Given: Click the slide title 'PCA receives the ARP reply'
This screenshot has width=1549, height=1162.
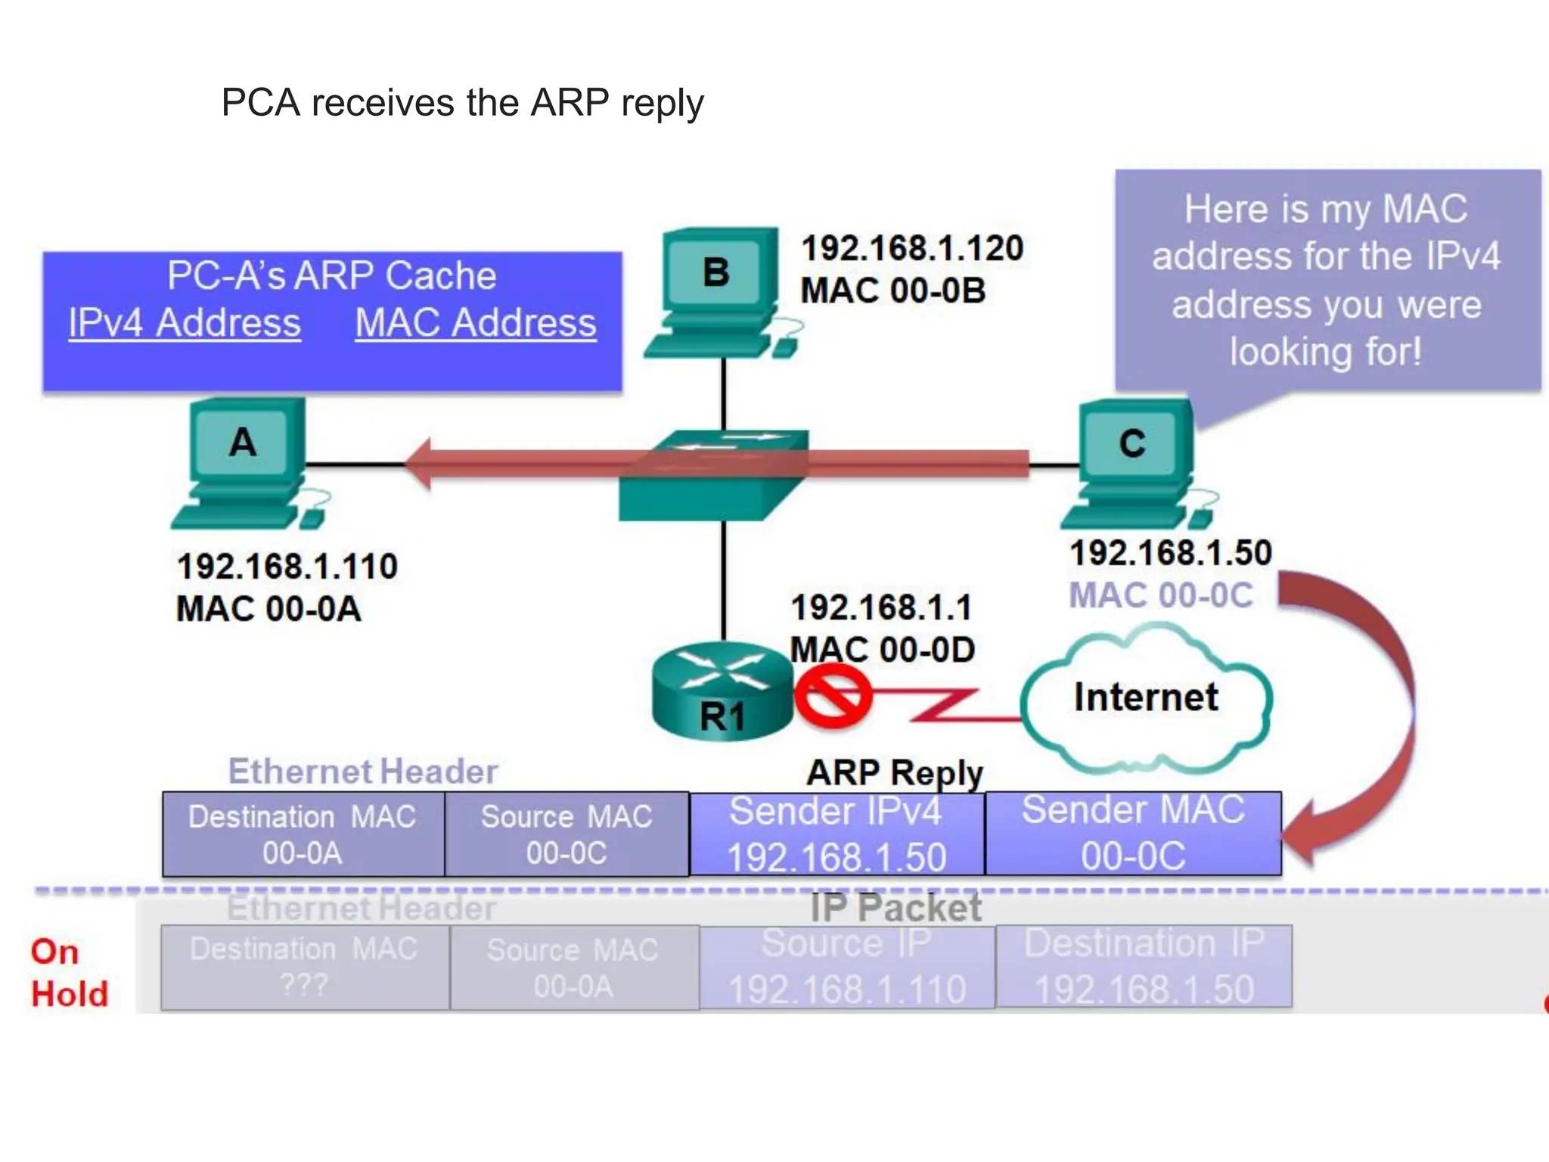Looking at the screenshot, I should pos(462,103).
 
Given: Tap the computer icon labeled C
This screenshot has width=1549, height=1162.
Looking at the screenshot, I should pos(1135,463).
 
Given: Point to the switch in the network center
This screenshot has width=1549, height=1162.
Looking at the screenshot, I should pos(712,477).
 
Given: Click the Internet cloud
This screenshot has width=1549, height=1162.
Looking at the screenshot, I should pos(1146,698).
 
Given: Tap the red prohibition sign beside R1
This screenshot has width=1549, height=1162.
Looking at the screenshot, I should pos(832,696).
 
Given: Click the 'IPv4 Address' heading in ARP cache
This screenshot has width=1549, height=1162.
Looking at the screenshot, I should pos(185,323).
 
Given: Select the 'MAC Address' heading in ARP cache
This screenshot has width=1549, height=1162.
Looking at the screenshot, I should pos(476,323).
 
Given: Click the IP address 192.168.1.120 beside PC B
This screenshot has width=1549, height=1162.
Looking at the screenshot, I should pos(912,248).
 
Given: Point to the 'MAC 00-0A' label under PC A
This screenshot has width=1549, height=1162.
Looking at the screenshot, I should pos(269,609).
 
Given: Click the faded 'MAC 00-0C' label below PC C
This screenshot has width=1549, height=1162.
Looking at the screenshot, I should pos(1161,595).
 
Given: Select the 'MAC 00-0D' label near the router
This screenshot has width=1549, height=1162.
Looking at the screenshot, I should pos(882,650).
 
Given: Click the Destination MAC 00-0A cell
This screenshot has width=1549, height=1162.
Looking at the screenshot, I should pos(303,834).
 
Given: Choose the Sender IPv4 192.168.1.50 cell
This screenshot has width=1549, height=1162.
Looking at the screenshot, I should pos(837,834).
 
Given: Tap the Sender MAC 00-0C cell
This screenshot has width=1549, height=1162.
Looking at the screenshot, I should pos(1133,834).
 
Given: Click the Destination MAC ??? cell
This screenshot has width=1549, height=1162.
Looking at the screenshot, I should pos(304,968).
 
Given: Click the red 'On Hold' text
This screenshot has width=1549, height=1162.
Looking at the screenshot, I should pos(68,973).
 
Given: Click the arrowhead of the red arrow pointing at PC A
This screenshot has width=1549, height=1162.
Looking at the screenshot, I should pos(421,464).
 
